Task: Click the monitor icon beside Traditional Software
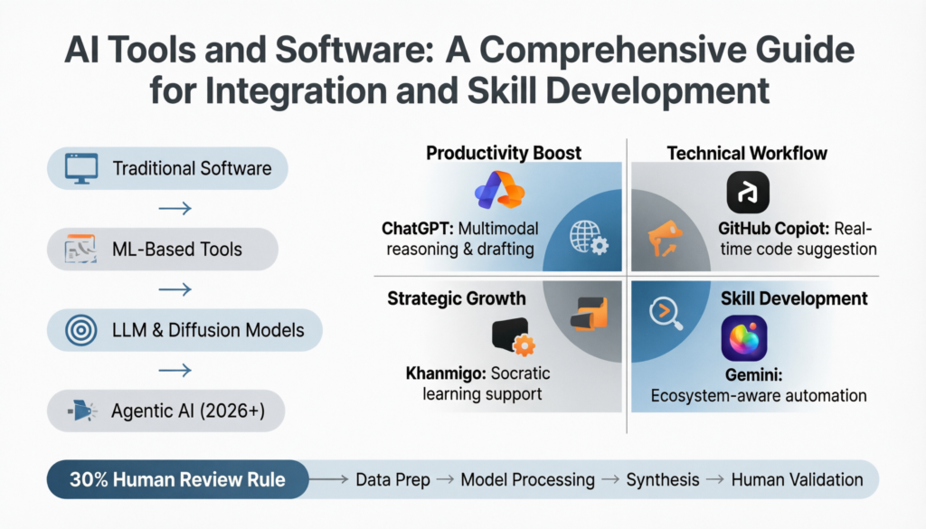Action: tap(80, 167)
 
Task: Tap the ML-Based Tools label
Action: tap(177, 249)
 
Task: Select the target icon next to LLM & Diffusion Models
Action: tap(80, 329)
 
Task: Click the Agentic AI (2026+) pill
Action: tap(167, 411)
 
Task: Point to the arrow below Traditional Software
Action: tap(174, 209)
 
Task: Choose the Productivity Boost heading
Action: tap(504, 152)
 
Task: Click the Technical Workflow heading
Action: tap(747, 152)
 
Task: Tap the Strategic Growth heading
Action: tap(457, 298)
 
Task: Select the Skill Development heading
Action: tap(794, 298)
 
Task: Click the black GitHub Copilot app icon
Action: tap(748, 193)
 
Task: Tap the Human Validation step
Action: tap(796, 479)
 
